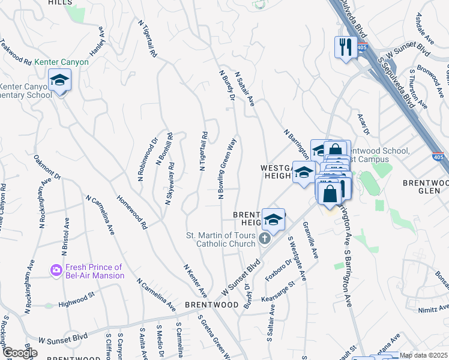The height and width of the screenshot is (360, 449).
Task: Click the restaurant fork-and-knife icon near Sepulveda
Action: [x=346, y=48]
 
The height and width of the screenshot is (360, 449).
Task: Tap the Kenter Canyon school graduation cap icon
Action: [x=59, y=80]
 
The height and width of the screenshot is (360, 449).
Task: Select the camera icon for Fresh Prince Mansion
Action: [x=56, y=271]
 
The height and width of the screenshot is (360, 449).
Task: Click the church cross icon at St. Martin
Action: [x=264, y=240]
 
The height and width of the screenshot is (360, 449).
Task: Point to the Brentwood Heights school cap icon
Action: [x=273, y=220]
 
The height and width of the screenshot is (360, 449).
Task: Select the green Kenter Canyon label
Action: [x=61, y=62]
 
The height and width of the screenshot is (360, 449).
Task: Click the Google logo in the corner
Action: [x=19, y=353]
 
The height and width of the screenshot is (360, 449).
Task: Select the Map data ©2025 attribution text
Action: [x=424, y=355]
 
